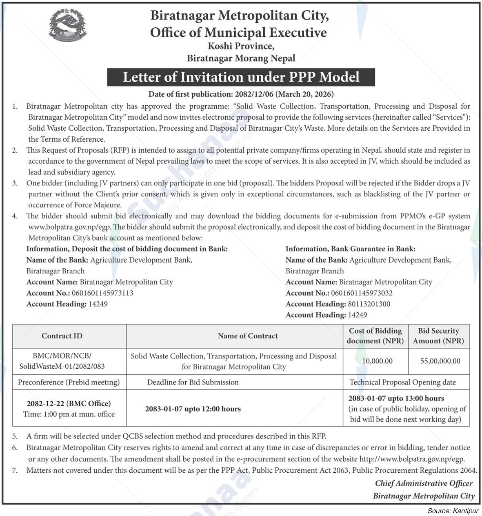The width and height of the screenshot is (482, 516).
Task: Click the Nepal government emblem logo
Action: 68,26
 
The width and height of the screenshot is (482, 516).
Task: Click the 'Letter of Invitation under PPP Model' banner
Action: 241,77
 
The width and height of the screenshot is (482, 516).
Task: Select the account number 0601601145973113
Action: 102,293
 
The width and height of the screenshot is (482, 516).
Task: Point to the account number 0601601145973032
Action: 362,293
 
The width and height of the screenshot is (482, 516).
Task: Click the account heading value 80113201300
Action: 369,304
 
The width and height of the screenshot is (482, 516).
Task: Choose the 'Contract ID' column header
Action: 62,336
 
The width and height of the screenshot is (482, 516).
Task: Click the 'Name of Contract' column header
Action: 247,336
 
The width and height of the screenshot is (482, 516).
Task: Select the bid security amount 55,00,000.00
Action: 440,361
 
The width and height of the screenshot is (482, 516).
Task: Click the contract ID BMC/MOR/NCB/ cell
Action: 62,361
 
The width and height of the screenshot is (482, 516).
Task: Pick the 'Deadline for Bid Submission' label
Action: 193,383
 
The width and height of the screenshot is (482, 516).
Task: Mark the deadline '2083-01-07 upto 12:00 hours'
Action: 193,409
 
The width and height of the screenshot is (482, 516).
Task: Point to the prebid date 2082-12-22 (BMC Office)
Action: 69,404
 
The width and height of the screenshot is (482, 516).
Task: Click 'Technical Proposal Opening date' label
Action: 402,383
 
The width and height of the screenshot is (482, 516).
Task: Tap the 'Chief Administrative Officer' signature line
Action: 424,483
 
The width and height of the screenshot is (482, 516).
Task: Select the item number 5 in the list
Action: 15,436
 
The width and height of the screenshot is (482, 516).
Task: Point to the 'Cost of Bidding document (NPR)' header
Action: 375,336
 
